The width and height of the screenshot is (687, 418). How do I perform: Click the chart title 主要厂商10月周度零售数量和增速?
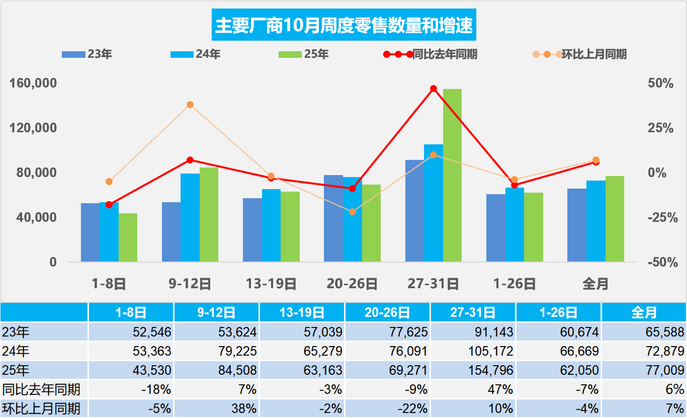(x=343, y=25)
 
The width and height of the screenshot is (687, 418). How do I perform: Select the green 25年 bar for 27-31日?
(x=452, y=175)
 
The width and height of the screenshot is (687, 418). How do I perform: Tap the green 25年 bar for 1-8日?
(x=128, y=237)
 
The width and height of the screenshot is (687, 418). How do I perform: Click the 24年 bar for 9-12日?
(x=190, y=218)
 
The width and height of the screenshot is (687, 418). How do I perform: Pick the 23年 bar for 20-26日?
(x=333, y=218)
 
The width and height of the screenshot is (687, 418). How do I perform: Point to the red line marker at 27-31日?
(x=433, y=89)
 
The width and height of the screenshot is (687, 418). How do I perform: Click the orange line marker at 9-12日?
(x=190, y=105)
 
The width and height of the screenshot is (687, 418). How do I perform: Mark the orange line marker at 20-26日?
(x=352, y=212)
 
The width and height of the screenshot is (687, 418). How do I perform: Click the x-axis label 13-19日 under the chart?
(x=271, y=283)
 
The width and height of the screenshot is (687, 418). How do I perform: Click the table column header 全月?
(x=644, y=312)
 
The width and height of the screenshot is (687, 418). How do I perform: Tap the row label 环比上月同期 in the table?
(x=41, y=409)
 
